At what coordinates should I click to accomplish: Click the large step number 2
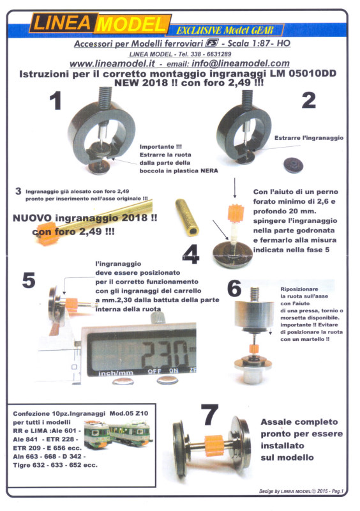click(x=309, y=100)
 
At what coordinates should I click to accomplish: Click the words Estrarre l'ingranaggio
click(x=309, y=138)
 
